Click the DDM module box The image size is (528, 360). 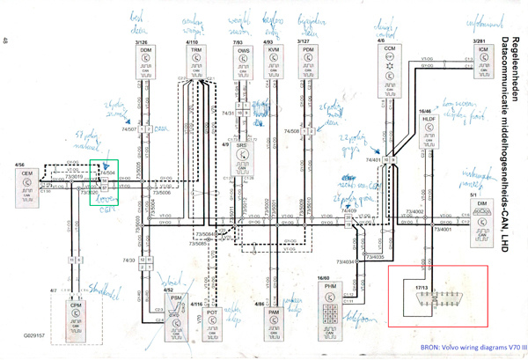click(146, 63)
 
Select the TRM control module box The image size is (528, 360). click(195, 63)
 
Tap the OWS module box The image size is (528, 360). click(244, 63)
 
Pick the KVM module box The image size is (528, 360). click(274, 63)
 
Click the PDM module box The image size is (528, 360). click(307, 63)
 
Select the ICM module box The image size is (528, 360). click(483, 62)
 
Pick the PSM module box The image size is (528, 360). click(176, 312)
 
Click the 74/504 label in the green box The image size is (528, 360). click(108, 173)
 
